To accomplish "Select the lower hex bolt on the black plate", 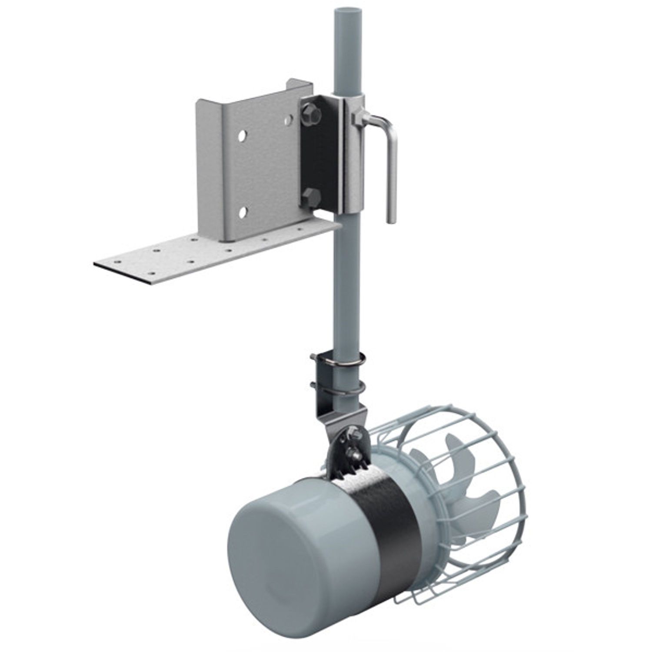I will pyautogui.click(x=311, y=197).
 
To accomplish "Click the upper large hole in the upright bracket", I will pyautogui.click(x=242, y=136).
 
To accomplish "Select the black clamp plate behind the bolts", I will pyautogui.click(x=319, y=156).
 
